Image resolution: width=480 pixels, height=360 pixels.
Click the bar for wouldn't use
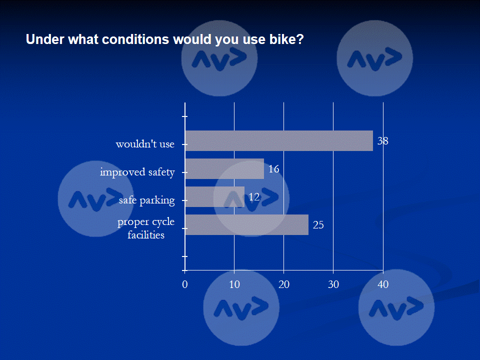tap(279, 140)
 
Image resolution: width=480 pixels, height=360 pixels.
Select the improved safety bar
tap(224, 168)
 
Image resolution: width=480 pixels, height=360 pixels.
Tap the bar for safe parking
tap(214, 196)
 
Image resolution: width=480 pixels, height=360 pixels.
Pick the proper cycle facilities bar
tap(246, 224)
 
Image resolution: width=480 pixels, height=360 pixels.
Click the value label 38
tap(382, 141)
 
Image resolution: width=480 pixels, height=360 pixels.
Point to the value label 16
tap(273, 169)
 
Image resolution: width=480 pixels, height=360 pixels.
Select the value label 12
tap(254, 197)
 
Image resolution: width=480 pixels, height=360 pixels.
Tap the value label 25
tap(318, 225)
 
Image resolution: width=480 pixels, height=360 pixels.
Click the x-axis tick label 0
tap(185, 284)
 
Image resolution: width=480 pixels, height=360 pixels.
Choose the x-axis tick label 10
tap(234, 284)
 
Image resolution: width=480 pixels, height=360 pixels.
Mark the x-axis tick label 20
tap(284, 284)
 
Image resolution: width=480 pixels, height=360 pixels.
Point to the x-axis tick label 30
tap(333, 284)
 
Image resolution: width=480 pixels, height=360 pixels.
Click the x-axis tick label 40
tap(383, 284)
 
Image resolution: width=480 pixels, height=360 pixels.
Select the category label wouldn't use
tap(145, 144)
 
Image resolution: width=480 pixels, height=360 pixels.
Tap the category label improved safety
tap(137, 172)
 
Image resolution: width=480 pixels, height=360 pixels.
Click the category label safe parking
tap(146, 201)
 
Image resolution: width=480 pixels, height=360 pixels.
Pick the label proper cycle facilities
tap(146, 228)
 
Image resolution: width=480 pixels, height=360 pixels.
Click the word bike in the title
tap(286, 39)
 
